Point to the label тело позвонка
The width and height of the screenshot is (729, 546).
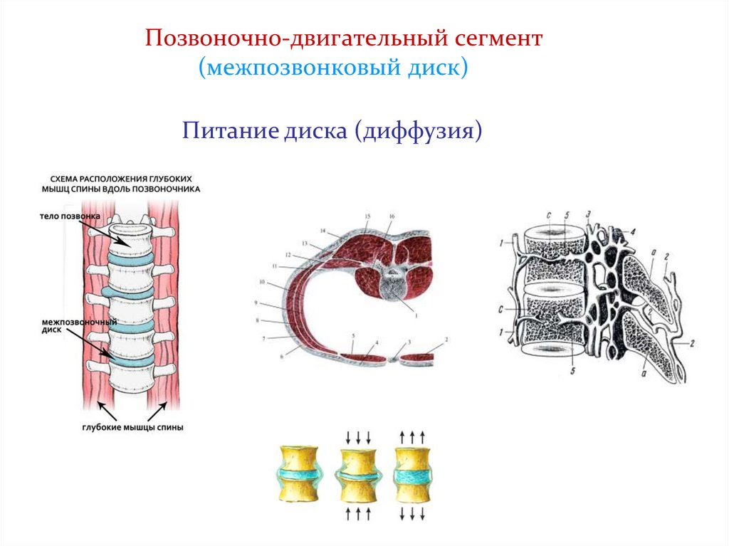[70, 215]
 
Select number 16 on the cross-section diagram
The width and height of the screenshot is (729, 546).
[392, 214]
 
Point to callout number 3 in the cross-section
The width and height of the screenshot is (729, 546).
[409, 343]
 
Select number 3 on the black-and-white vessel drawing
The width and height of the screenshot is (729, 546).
[588, 214]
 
